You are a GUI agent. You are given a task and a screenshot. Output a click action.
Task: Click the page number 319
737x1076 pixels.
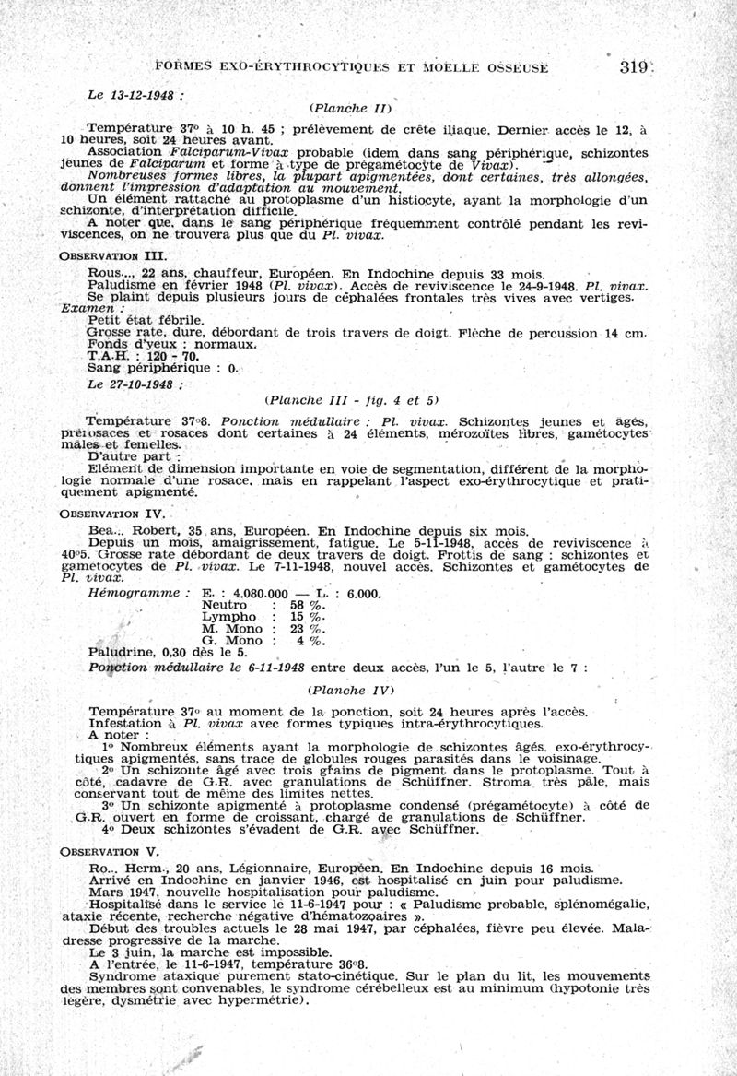635,66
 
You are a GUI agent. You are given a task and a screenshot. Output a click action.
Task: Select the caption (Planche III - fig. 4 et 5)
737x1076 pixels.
351,400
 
